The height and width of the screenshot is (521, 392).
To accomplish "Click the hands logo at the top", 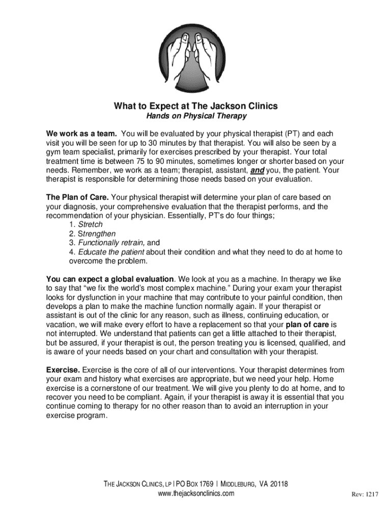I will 196,51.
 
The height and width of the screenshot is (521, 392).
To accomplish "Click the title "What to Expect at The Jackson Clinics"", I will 196,106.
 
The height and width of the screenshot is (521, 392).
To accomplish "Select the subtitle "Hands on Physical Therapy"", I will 196,117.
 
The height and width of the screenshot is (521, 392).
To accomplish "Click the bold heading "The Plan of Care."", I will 77,197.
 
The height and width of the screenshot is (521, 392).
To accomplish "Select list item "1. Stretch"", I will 86,224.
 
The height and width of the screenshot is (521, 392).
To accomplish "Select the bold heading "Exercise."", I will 63,370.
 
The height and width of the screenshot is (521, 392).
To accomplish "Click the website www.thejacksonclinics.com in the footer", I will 196,494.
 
